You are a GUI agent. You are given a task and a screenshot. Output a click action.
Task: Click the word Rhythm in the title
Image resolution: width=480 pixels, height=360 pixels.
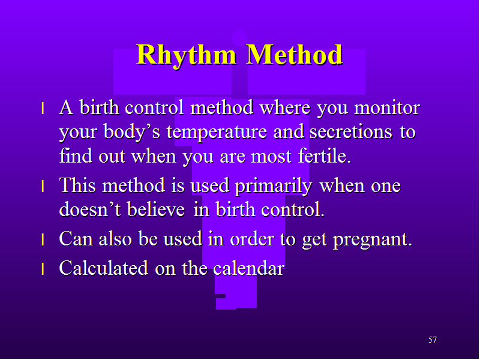click(x=187, y=55)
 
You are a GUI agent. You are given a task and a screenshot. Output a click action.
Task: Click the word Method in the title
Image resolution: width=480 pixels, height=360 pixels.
click(x=295, y=55)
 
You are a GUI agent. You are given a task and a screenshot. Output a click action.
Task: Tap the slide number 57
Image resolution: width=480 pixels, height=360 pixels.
click(x=433, y=340)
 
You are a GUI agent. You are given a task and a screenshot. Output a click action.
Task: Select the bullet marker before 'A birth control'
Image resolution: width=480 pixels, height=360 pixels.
click(x=43, y=109)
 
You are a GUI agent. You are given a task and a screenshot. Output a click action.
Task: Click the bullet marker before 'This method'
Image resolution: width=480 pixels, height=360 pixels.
click(x=43, y=186)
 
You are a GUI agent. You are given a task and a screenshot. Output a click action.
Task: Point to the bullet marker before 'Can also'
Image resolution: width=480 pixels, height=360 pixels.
click(x=43, y=239)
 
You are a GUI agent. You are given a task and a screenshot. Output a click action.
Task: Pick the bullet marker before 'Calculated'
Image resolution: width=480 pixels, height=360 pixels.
click(x=43, y=268)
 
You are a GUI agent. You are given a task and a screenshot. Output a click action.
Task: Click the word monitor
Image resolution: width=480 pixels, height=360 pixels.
click(x=387, y=108)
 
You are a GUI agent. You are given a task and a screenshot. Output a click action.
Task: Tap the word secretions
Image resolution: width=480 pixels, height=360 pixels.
click(x=350, y=132)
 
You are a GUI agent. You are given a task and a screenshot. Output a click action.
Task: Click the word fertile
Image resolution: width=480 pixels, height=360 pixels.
click(x=324, y=155)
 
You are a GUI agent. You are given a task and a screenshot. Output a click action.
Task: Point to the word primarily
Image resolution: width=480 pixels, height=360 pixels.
click(x=274, y=187)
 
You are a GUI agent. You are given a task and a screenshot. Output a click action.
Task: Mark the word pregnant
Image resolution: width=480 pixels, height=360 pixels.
click(x=373, y=240)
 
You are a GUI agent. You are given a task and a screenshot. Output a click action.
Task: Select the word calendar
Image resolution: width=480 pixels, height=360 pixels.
click(x=248, y=268)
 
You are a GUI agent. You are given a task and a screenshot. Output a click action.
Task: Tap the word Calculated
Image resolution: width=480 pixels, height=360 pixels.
click(x=104, y=268)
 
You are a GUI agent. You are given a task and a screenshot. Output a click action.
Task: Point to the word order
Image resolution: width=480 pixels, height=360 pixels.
click(x=252, y=239)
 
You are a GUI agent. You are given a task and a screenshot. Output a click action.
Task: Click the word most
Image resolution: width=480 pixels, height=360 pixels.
click(x=271, y=157)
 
